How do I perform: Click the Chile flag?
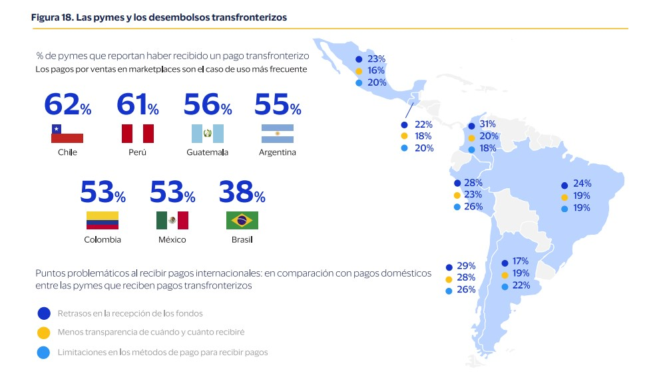[x=67, y=134]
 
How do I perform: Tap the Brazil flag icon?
[x=242, y=220]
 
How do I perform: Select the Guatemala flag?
[x=208, y=134]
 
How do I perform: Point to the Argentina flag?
[x=278, y=134]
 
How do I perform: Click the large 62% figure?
[x=67, y=105]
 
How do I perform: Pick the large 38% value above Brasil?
[x=242, y=193]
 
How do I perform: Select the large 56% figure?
[x=208, y=105]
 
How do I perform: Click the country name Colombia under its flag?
[x=103, y=239]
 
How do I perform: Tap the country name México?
[x=172, y=239]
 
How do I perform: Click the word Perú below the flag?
[x=137, y=152]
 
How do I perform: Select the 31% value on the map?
[x=488, y=125]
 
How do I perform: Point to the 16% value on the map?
[x=376, y=70]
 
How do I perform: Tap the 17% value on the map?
[x=521, y=262]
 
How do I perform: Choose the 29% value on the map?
[x=466, y=265]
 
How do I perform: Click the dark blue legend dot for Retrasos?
[x=44, y=313]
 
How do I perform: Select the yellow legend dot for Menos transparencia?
[x=44, y=332]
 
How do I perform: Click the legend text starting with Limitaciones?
[x=162, y=352]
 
